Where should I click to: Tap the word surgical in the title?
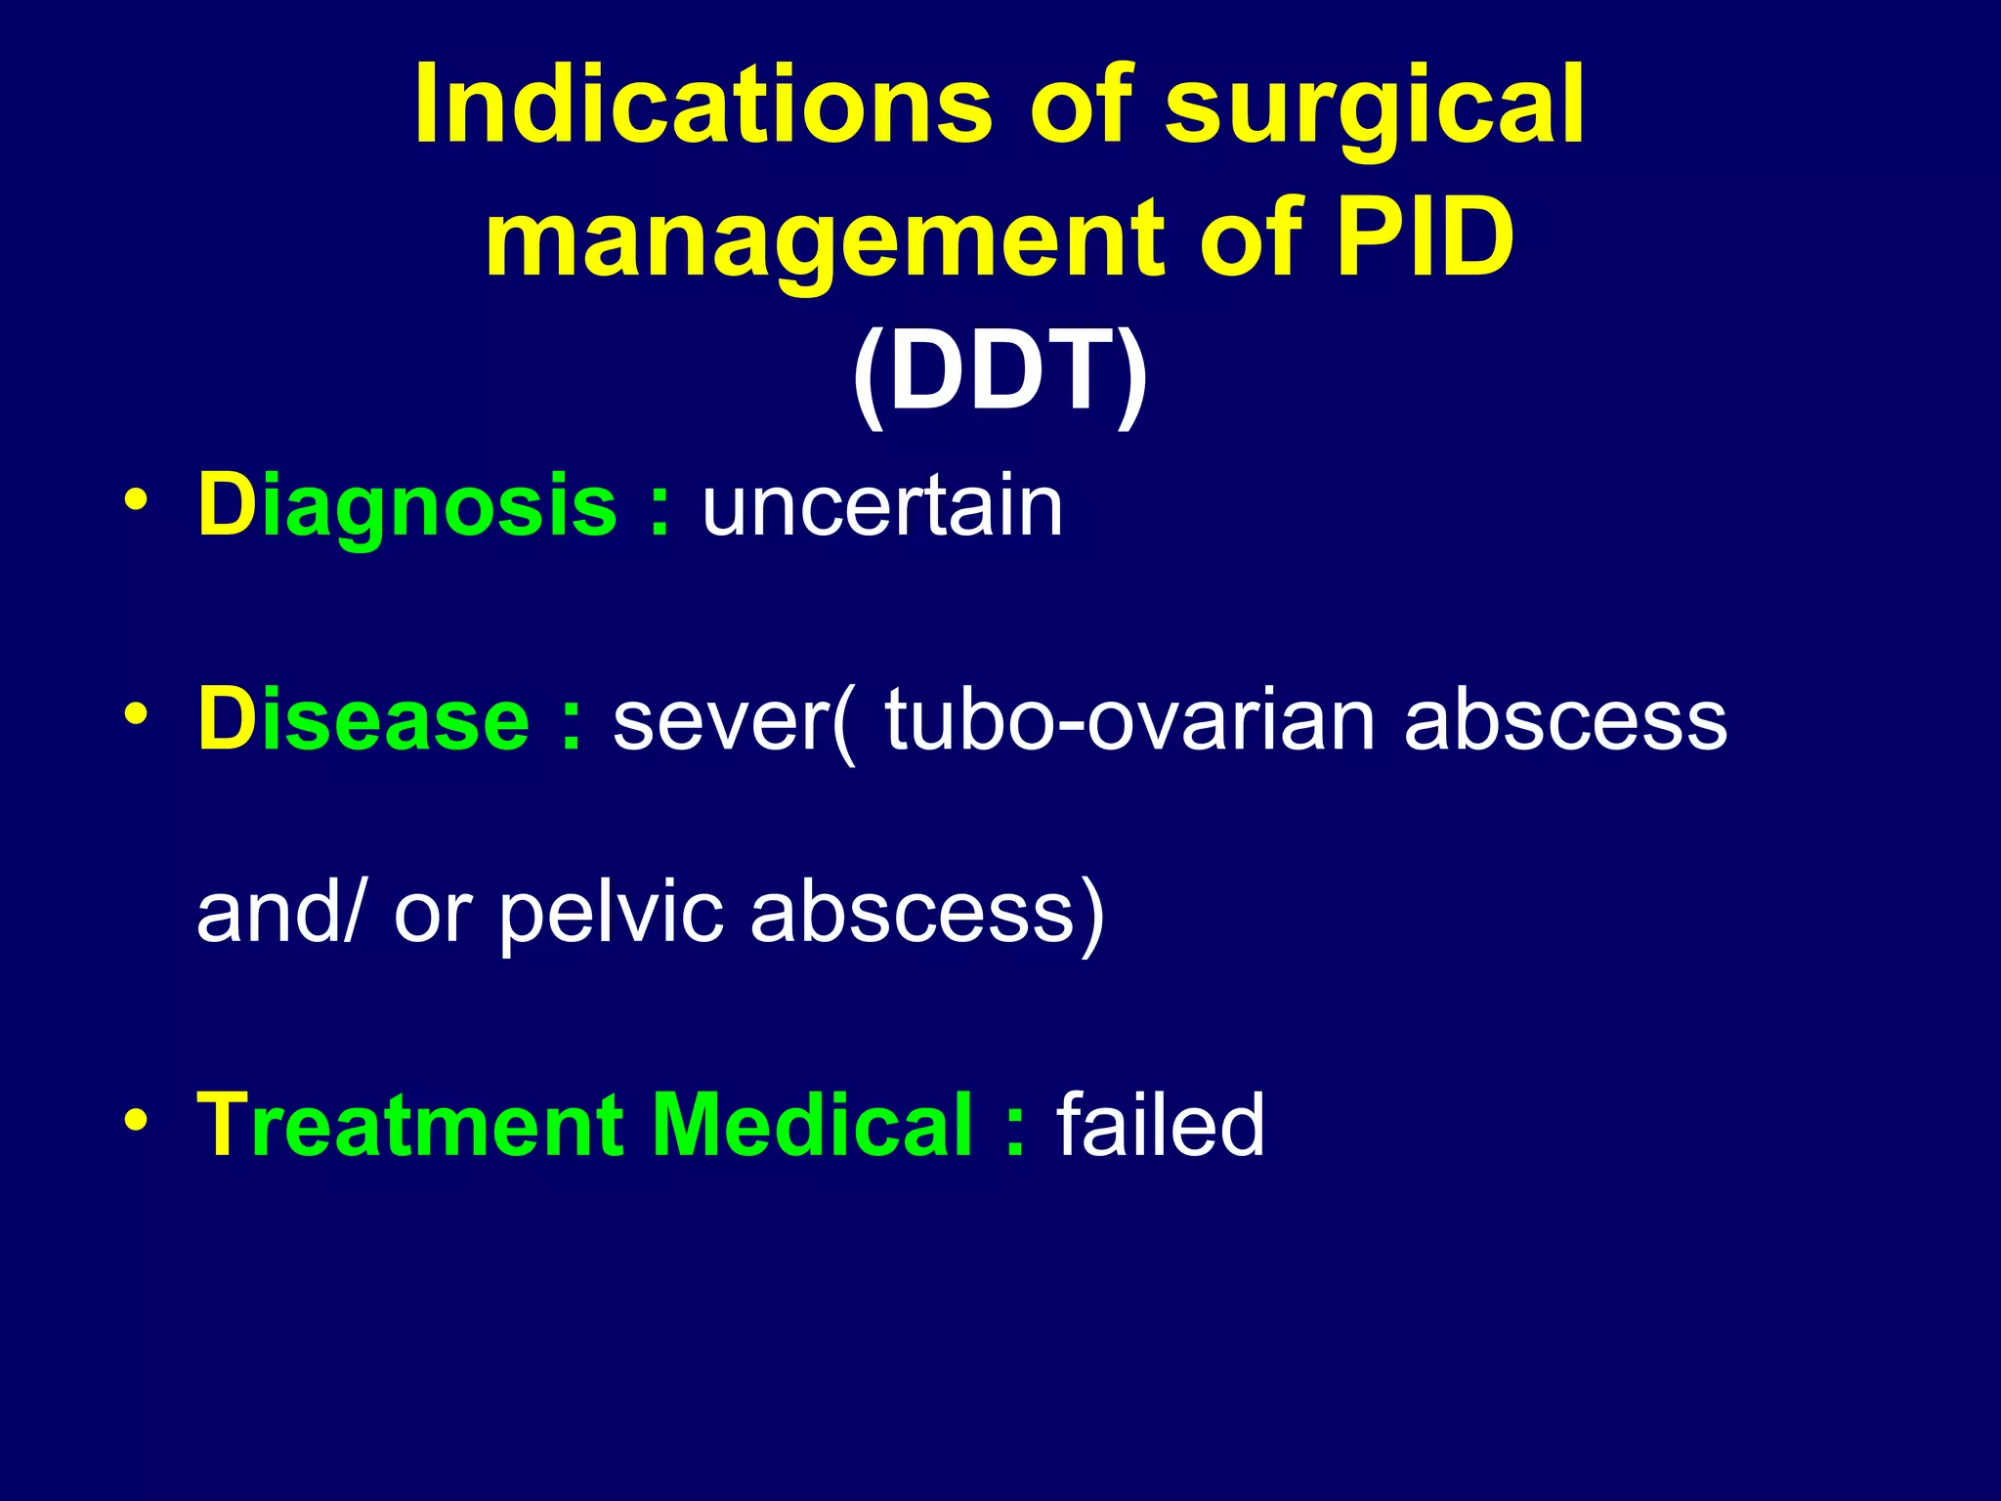[x=1375, y=107]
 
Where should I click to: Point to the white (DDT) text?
[x=1000, y=371]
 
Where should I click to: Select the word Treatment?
[x=409, y=1126]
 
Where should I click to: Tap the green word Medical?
[x=812, y=1126]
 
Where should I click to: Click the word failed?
[x=1160, y=1126]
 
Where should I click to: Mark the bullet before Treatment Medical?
[x=136, y=1118]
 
